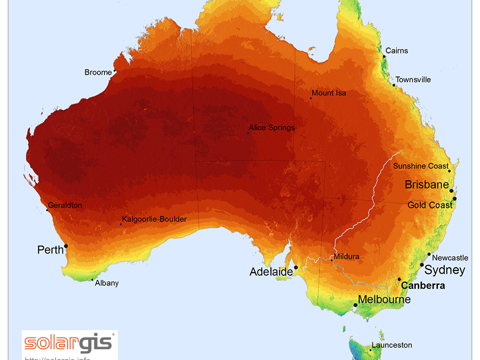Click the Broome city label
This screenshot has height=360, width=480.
tap(98, 73)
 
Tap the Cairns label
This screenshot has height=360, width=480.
tap(397, 51)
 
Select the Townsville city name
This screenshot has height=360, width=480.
tap(413, 80)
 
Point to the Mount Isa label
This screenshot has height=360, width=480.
tap(329, 93)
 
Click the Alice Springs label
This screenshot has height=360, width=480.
tap(271, 128)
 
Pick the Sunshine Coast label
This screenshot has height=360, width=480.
tap(421, 166)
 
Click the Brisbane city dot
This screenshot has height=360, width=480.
tap(451, 190)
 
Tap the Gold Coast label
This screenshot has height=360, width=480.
tap(430, 205)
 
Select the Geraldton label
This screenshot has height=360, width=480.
tap(65, 205)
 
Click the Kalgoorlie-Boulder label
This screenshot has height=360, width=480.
tap(154, 219)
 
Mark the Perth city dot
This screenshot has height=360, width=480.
tap(66, 246)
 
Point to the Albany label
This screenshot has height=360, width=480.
tap(107, 283)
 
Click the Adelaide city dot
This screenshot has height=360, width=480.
tap(296, 268)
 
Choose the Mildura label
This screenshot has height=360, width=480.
tap(346, 257)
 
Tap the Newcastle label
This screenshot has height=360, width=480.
tap(450, 258)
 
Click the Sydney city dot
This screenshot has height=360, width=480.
tap(422, 265)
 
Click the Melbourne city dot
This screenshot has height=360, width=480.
tap(355, 305)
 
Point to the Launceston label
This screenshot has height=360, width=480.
tap(392, 346)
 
